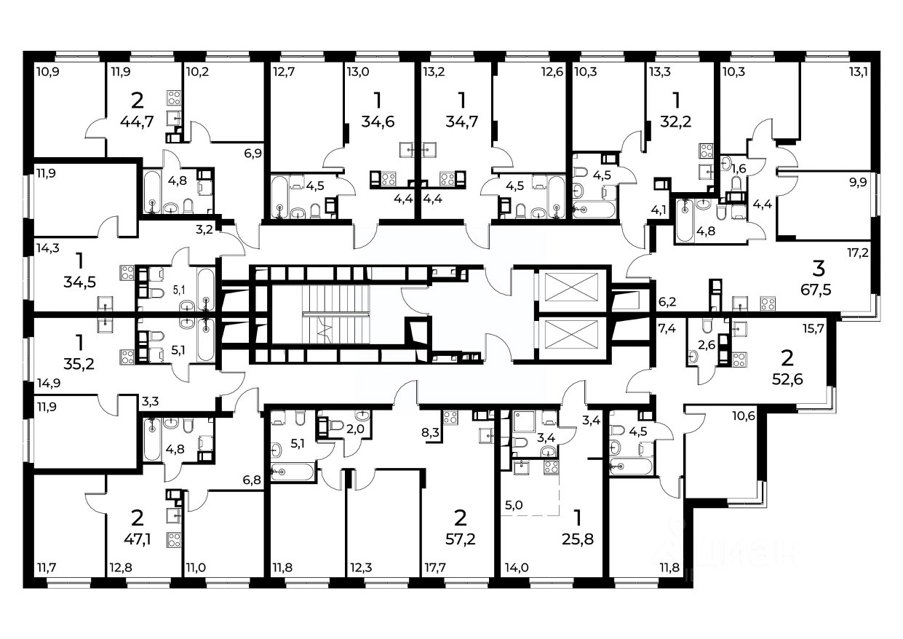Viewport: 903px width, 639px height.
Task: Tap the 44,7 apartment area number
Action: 137,121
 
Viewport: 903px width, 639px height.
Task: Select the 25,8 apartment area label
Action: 578,539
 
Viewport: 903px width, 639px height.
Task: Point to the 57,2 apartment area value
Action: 461,539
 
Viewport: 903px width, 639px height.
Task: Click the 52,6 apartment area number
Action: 787,379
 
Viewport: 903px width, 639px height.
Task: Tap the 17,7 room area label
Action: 435,568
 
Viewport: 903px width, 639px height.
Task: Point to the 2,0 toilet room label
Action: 355,429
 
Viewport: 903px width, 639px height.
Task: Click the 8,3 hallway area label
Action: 430,433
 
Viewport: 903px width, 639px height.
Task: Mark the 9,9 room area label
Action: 858,183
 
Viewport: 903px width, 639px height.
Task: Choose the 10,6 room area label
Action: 744,416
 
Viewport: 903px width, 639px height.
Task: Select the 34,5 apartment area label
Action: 79,282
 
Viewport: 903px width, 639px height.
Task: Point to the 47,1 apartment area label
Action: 137,539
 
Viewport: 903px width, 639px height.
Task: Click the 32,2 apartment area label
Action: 676,121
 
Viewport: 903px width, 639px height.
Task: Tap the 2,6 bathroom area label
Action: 707,345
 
